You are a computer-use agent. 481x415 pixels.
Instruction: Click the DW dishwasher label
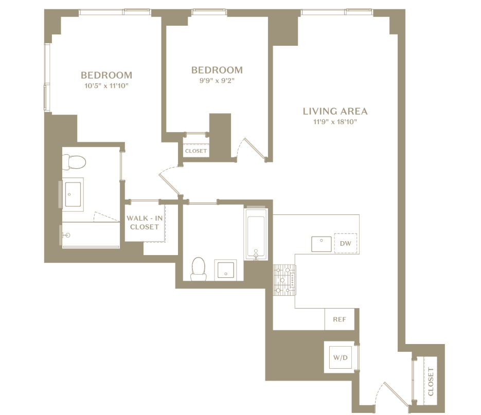345,244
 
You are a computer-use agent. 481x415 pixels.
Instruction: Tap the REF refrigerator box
340,319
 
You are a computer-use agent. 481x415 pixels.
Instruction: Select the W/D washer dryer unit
341,357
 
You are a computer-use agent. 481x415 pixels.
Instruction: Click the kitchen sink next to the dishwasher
322,244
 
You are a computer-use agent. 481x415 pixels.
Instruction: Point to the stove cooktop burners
284,280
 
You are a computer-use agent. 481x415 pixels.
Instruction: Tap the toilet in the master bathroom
74,162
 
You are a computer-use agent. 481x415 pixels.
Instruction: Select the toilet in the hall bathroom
198,269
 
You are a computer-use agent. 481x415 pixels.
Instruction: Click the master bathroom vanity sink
73,194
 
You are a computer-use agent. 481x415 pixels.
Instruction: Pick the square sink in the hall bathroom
226,270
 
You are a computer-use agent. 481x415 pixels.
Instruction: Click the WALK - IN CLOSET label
145,222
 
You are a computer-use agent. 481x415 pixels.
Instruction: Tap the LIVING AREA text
335,112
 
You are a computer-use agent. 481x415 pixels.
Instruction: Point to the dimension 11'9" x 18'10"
335,122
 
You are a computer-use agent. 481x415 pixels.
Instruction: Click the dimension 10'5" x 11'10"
106,85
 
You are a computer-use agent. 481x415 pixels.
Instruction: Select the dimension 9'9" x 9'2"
217,81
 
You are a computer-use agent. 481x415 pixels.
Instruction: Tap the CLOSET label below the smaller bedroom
195,151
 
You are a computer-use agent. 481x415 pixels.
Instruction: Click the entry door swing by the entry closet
389,394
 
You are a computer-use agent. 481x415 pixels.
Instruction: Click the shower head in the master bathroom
66,235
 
